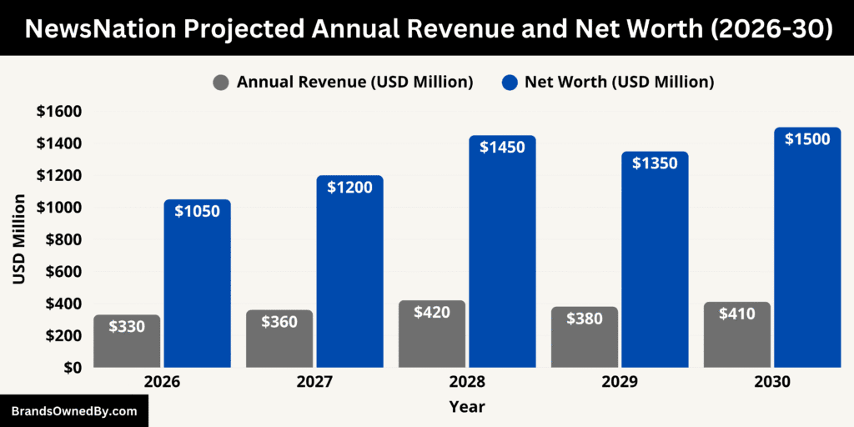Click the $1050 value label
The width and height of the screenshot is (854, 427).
coord(197,211)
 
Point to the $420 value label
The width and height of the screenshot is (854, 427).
coord(432,313)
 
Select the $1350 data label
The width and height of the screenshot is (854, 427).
coord(655,163)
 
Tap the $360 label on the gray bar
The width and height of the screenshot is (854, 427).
coord(279,322)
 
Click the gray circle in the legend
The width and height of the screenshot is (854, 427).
coord(221,83)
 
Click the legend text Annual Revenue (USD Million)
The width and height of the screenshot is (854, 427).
coord(354,83)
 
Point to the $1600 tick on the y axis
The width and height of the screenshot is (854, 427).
coord(58,112)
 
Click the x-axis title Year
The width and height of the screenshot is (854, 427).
coord(466,407)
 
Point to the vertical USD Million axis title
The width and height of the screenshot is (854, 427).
coord(19,239)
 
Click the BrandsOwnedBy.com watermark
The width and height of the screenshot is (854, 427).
coord(73,411)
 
